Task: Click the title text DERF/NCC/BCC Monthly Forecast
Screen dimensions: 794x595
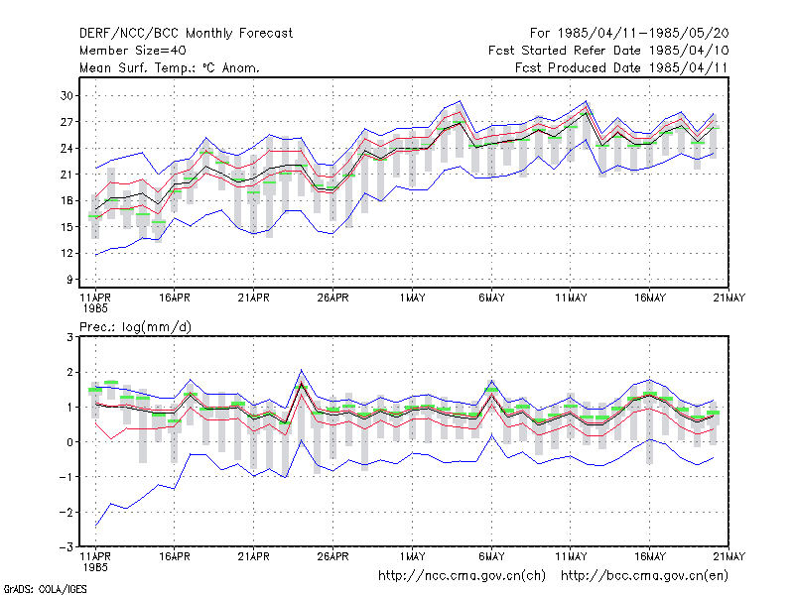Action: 186,34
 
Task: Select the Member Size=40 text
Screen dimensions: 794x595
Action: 133,51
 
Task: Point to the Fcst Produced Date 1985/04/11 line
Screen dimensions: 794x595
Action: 621,67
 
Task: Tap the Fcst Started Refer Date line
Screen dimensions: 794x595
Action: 608,51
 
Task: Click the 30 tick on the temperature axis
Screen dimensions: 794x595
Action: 66,95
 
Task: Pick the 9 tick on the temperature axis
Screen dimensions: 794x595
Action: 69,280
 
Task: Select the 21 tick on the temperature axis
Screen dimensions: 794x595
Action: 66,175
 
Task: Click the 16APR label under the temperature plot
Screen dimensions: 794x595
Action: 175,298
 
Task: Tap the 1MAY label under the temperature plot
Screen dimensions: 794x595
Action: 412,298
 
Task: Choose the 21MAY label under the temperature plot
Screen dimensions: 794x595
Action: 729,298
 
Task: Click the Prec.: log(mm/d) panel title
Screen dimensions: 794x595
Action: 135,327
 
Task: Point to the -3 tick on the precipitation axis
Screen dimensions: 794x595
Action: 66,547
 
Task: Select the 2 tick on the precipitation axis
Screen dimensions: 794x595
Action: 69,373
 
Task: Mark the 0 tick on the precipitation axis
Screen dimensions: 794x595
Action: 69,442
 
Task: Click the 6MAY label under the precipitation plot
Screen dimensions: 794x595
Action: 491,557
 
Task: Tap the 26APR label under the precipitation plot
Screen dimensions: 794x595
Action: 333,557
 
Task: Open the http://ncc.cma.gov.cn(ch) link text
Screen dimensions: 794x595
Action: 462,576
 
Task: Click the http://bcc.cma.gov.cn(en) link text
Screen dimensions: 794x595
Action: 644,576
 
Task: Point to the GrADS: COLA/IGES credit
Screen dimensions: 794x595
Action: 45,589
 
